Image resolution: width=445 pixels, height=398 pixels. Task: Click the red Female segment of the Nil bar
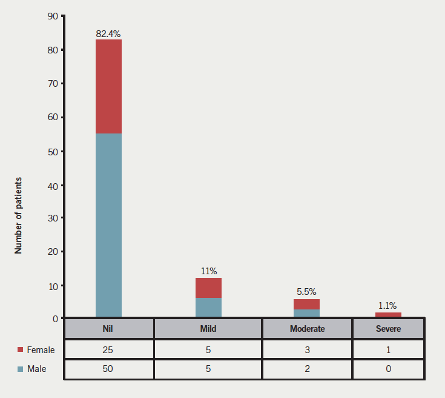[x=108, y=86]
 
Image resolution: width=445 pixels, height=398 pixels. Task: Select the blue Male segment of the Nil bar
[x=108, y=224]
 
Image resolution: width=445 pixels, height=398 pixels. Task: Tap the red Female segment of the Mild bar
[x=208, y=288]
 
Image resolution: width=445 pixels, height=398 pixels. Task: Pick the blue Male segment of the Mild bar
[x=208, y=307]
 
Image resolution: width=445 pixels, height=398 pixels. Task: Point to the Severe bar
[x=388, y=314]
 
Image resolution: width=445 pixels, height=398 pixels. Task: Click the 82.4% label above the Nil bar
[x=108, y=33]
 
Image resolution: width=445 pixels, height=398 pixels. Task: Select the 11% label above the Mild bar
[x=209, y=271]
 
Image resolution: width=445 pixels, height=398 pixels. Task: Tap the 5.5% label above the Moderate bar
[x=307, y=292]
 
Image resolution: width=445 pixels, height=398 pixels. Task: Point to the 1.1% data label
[x=387, y=306]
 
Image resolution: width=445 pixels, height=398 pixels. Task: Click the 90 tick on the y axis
[x=52, y=16]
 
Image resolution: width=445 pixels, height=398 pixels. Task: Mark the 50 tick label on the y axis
[x=52, y=151]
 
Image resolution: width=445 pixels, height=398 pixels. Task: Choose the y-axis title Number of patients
[x=19, y=215]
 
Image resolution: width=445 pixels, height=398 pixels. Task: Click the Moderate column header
[x=307, y=329]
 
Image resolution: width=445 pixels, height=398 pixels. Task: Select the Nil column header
[x=109, y=329]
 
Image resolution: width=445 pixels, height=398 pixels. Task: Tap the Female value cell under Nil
[x=109, y=349]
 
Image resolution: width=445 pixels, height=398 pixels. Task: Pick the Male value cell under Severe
[x=388, y=369]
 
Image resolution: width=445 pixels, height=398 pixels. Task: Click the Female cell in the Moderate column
[x=307, y=349]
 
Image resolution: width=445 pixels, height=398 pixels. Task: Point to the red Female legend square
[x=20, y=350]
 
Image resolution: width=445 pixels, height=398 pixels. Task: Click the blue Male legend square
[x=20, y=369]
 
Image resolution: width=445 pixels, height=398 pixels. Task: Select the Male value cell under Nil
[x=109, y=369]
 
